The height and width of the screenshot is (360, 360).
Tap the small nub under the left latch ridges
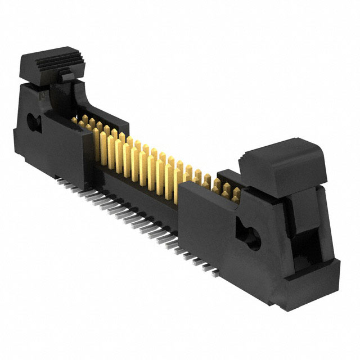[x=66, y=73]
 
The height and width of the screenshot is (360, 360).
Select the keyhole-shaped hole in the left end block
[x=32, y=120]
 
